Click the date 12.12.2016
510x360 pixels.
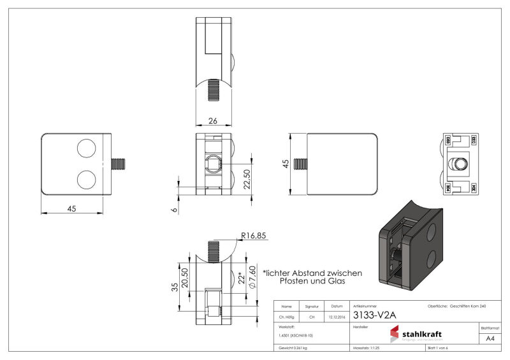[x=337, y=317]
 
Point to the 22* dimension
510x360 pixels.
[x=241, y=279]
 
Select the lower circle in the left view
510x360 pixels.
[x=86, y=179]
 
